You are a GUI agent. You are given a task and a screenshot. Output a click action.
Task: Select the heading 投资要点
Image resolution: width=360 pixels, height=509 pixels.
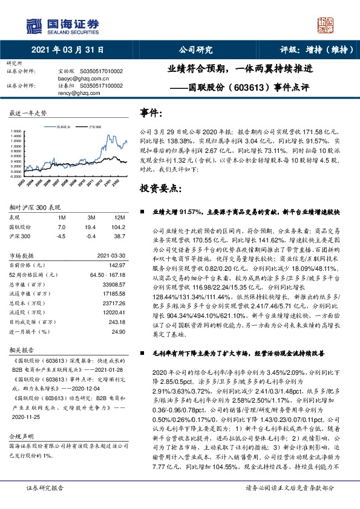[160, 189]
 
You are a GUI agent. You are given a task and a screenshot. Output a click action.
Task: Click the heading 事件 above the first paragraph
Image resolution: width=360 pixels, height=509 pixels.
[151, 113]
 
